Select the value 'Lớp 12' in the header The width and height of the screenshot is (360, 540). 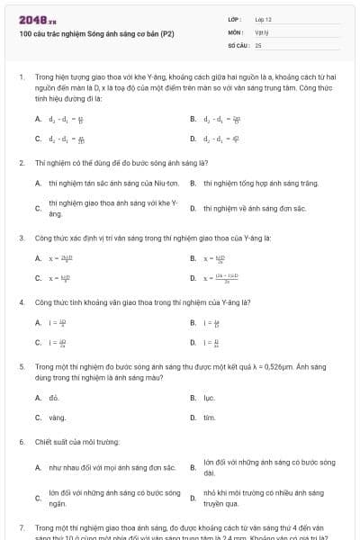coord(263,19)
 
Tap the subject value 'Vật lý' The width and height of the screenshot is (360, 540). coord(262,31)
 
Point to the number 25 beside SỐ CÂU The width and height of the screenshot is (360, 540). coord(258,44)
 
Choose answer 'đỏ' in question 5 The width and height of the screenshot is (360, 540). coord(54,397)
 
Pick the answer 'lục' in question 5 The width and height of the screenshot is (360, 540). coord(209,397)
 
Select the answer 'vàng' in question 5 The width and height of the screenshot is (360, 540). coord(57,418)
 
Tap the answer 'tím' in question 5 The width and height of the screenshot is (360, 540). coord(209,418)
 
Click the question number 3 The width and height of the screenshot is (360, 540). coord(22,238)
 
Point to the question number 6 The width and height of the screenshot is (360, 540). coord(22,443)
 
